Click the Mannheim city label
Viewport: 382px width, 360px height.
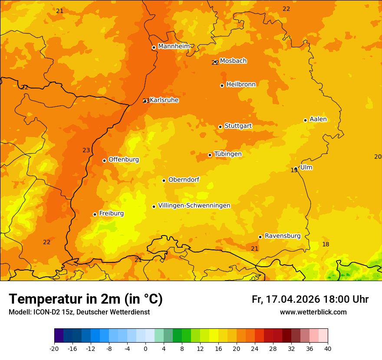pos(174,46)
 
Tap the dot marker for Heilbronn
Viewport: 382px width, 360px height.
pos(222,85)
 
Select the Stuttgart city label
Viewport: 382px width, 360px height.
pos(238,126)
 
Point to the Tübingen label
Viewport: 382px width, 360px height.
pos(227,154)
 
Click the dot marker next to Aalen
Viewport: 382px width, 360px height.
pos(305,120)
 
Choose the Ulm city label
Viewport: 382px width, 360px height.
pos(306,167)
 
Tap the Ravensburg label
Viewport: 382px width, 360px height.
pos(282,236)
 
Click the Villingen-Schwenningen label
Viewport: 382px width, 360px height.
pos(194,206)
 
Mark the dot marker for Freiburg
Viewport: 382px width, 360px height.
pos(95,214)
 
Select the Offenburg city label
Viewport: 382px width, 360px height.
pos(124,160)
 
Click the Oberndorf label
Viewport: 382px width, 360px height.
pos(184,180)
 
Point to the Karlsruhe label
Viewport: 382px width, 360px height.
pos(164,100)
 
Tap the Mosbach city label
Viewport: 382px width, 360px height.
pos(233,61)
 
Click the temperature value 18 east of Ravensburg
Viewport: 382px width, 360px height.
pos(326,245)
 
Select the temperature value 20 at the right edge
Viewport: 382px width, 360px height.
pos(378,157)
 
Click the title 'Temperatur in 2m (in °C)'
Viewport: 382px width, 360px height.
pos(86,299)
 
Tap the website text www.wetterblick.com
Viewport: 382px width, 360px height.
pos(313,312)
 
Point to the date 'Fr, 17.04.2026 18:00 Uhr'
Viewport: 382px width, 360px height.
pos(310,299)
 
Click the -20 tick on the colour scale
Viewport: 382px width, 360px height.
pos(54,348)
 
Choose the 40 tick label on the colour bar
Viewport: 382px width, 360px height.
pos(328,348)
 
